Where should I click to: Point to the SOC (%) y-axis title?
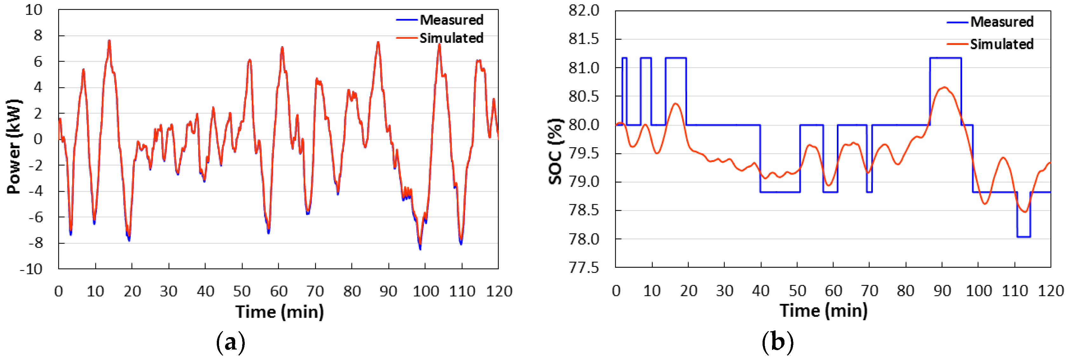(556, 151)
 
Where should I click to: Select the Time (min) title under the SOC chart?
(823, 311)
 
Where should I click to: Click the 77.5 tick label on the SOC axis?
(584, 268)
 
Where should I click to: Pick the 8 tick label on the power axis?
(38, 36)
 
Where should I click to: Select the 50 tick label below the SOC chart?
(797, 291)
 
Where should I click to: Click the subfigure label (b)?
(777, 343)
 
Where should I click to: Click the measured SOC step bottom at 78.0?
(1023, 237)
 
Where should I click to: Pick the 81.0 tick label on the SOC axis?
(584, 68)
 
